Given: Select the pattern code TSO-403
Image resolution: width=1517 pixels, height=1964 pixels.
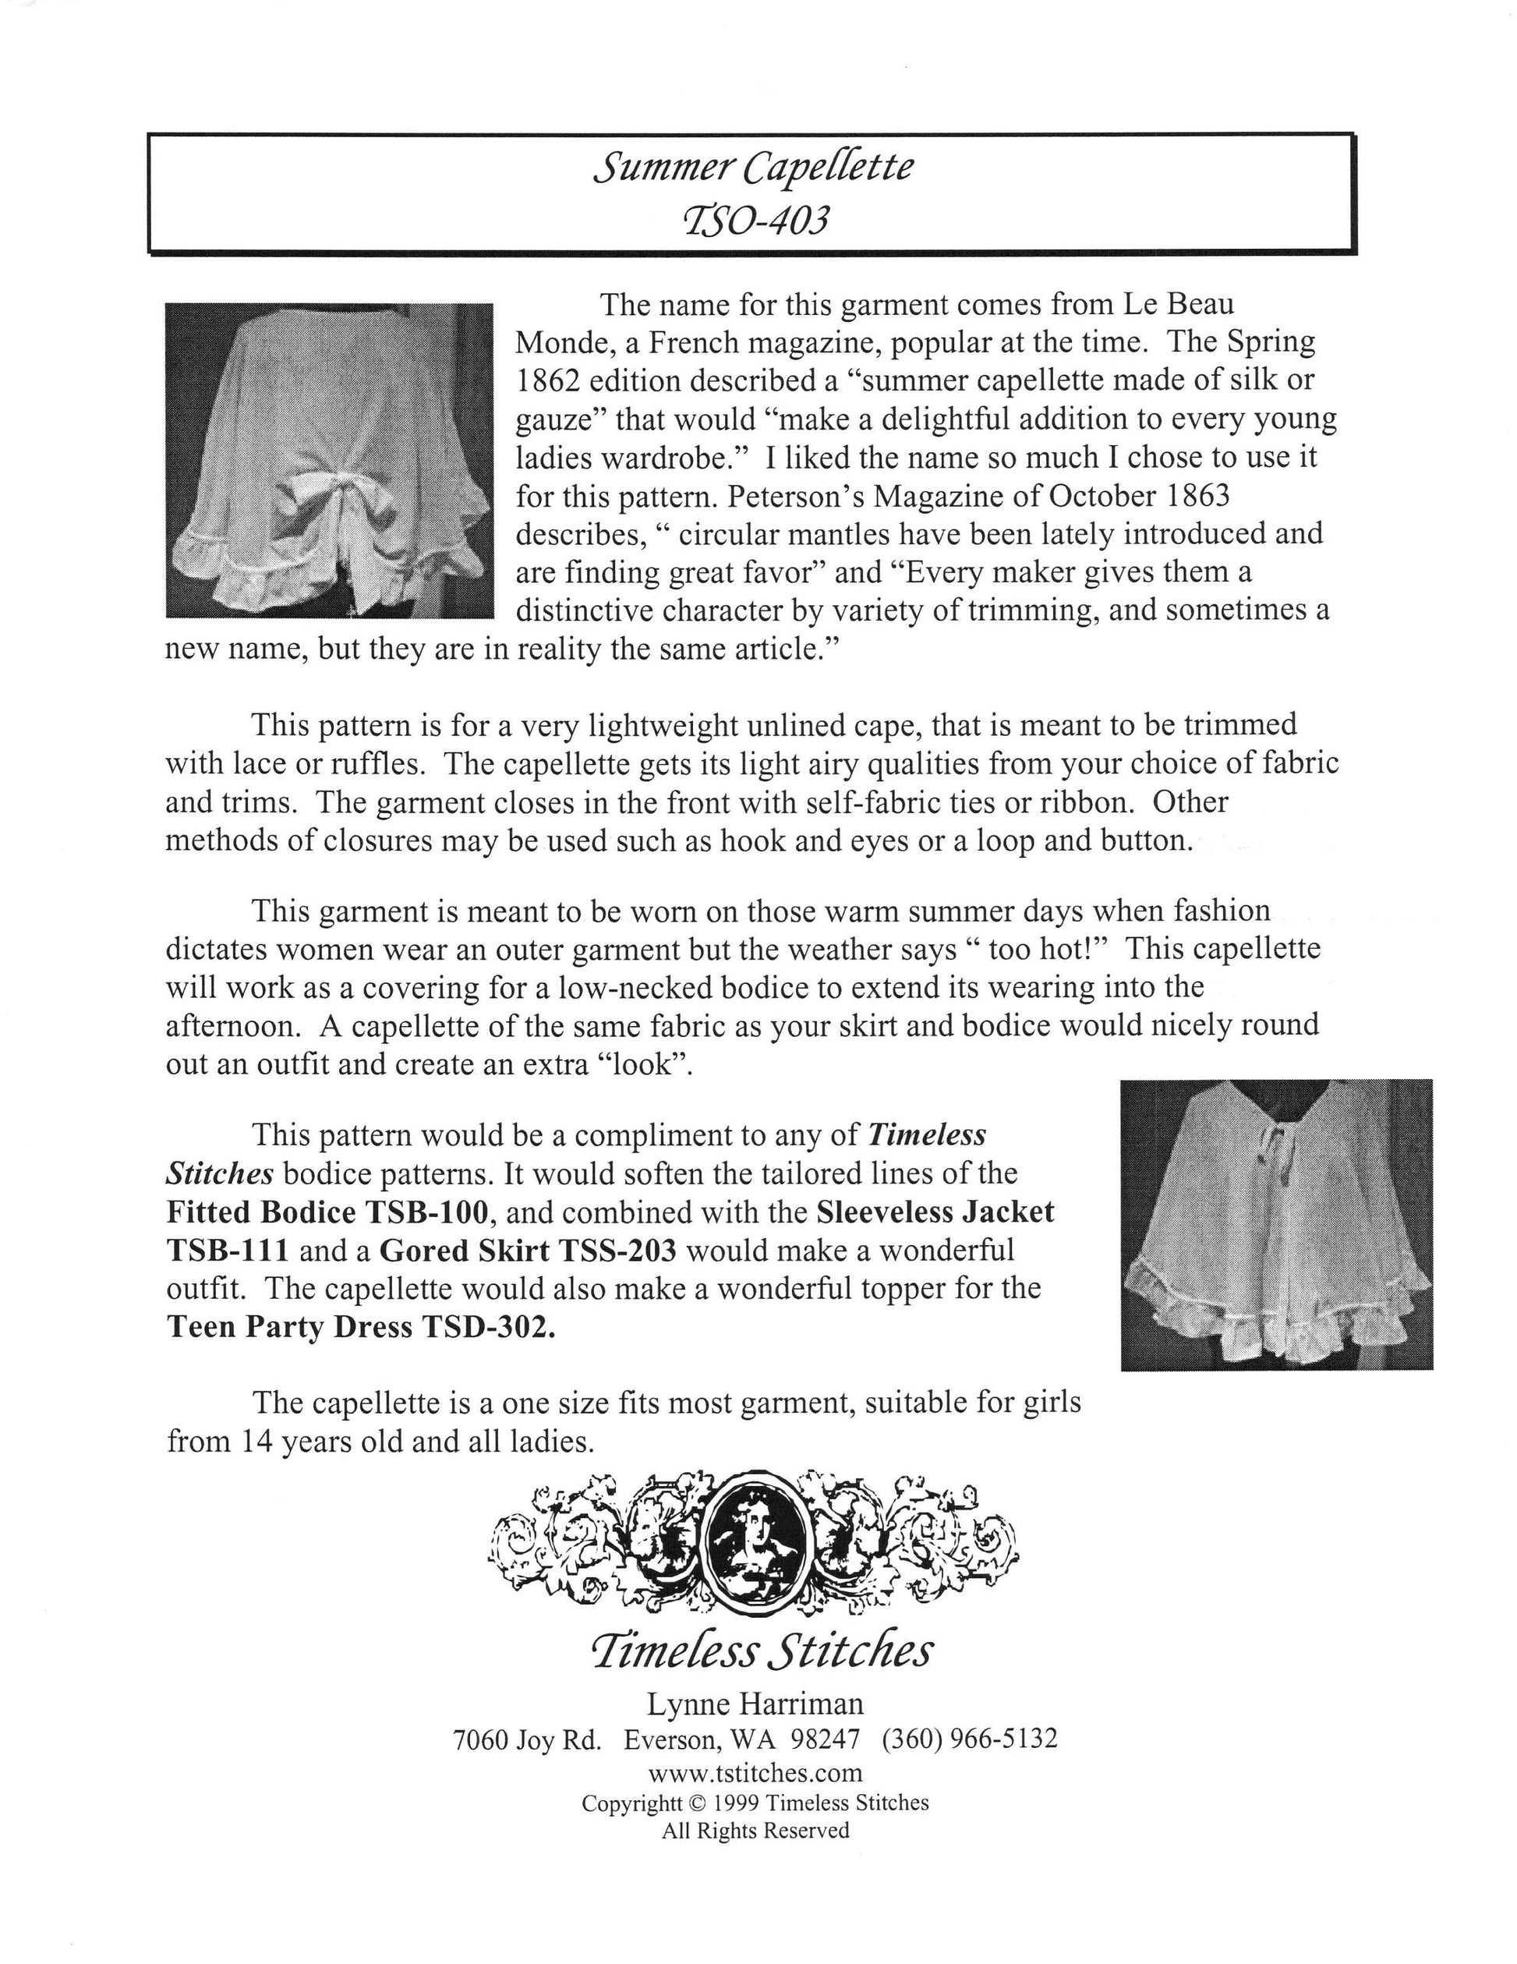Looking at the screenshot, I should coord(754,219).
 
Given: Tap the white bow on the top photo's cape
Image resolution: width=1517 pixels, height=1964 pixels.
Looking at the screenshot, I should coord(310,498).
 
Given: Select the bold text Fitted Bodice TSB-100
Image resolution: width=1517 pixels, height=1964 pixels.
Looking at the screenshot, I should coord(327,1212).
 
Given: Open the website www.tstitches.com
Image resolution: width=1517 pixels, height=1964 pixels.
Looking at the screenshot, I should coord(755,1772).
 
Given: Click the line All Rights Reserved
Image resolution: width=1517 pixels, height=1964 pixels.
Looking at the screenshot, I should coord(755,1830).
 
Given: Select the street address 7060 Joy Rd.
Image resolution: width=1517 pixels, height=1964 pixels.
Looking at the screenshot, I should coord(527,1739).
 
